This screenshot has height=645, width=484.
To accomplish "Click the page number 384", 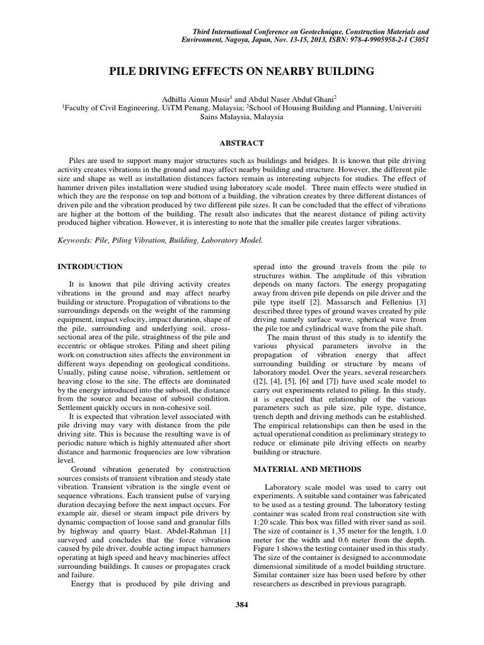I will pos(242,605).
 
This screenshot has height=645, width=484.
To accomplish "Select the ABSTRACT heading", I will pos(242,144).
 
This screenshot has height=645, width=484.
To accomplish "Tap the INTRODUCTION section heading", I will pos(90,267).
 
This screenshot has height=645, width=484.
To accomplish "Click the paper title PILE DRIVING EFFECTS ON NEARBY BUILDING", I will pos(242,72).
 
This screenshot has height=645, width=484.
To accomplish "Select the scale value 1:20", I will pos(262,522).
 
